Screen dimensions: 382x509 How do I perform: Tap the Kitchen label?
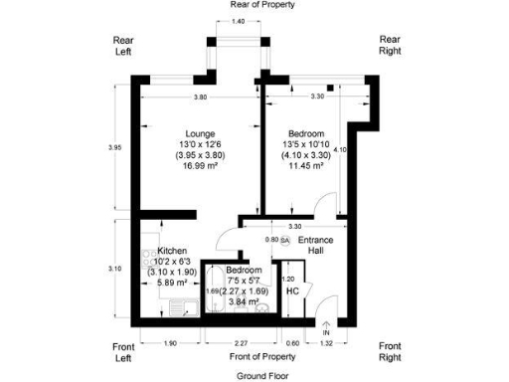coord(173,252)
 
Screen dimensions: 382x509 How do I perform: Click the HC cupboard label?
coord(292,291)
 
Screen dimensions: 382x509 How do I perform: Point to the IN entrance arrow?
coord(326,327)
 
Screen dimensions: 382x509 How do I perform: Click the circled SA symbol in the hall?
coord(285,240)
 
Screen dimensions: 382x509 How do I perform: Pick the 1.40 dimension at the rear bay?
coord(238,21)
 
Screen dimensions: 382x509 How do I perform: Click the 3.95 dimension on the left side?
coord(114,148)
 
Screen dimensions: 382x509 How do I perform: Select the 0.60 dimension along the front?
coord(291,343)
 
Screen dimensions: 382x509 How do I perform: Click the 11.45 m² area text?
coord(300,166)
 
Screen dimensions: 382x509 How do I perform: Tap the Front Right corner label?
coord(391,351)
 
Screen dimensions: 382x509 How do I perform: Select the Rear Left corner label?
coord(123,46)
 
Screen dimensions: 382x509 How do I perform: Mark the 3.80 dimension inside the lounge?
coord(200,97)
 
